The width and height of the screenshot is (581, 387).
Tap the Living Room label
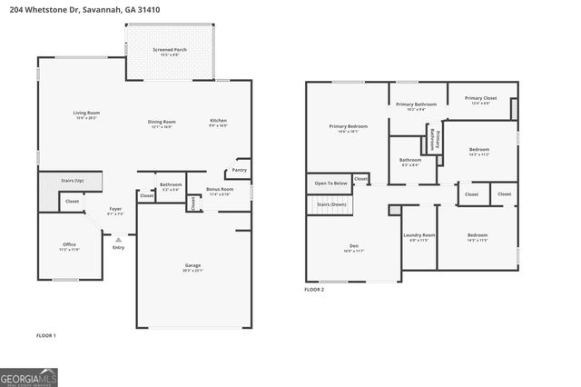click(86, 113)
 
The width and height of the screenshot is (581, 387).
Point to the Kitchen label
click(219, 121)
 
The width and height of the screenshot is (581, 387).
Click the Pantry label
click(240, 170)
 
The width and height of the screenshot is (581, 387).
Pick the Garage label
click(192, 266)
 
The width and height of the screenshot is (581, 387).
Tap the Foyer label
click(115, 209)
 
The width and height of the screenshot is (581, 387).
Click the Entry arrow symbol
click(118, 240)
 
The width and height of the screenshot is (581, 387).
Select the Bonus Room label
click(220, 189)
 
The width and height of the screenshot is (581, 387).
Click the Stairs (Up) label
click(61, 182)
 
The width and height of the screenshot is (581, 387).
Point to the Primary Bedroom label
click(349, 126)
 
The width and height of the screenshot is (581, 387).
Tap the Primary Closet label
click(480, 98)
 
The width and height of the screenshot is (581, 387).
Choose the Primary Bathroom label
click(416, 104)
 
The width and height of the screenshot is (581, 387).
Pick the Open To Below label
click(330, 184)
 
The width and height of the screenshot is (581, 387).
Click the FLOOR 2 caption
click(314, 290)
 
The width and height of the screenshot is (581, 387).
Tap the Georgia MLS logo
click(29, 376)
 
